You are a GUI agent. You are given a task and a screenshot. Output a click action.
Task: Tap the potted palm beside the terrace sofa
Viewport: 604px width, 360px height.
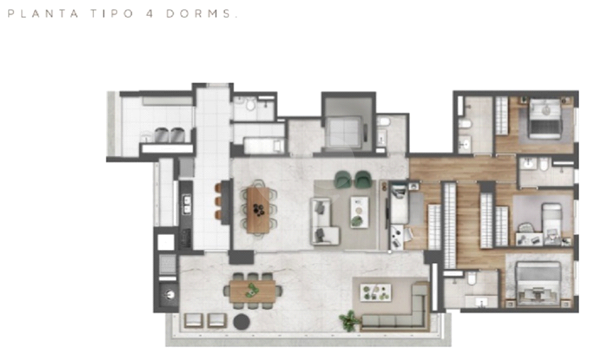[349, 320]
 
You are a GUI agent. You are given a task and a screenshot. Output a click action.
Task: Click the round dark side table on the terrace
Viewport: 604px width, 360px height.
[242, 321]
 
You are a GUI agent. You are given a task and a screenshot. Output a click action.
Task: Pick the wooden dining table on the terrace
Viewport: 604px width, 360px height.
[252, 290]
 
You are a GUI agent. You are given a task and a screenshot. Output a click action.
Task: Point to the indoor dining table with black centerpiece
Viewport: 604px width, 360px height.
[258, 210]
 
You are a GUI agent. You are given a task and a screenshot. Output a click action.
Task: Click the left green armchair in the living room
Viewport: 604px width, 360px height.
[343, 179]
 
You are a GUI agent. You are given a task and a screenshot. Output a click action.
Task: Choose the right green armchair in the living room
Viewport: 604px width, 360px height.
[363, 179]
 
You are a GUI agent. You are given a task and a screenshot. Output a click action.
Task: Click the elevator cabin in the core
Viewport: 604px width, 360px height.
[344, 132]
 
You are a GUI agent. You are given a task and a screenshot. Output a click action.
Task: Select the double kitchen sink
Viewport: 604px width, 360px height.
[187, 204]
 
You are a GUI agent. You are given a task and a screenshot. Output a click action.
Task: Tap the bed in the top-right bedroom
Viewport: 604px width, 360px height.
[544, 118]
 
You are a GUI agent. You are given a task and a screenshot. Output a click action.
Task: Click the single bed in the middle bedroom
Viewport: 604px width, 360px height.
[552, 220]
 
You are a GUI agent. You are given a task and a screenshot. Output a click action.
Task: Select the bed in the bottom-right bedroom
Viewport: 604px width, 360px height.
[538, 283]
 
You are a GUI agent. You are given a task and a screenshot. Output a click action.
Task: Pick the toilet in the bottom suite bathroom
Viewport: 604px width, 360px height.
[472, 279]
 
